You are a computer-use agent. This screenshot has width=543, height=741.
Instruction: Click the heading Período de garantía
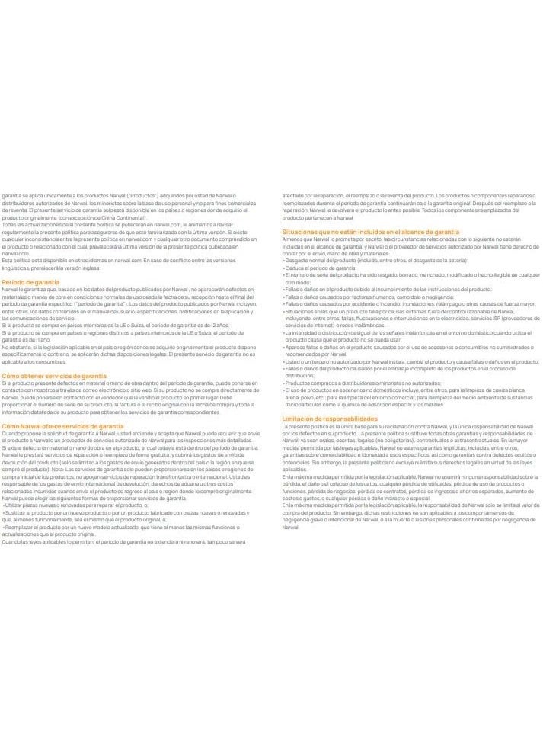click(x=30, y=282)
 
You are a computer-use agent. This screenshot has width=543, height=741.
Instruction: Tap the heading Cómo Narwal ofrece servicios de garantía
click(x=62, y=426)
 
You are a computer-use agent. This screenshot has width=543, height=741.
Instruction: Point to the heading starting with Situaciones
click(x=370, y=231)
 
